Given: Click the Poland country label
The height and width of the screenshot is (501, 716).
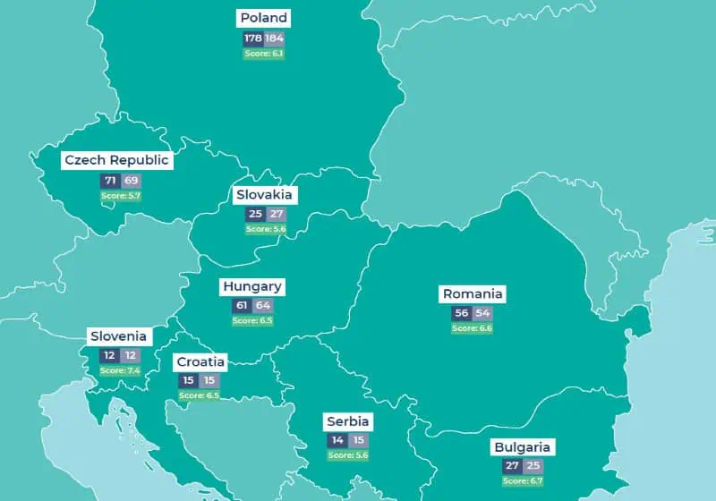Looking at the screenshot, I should (x=264, y=18).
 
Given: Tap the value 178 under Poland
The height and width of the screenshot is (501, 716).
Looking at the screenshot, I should (x=252, y=38).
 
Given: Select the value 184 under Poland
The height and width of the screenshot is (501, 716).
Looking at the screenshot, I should (x=274, y=38).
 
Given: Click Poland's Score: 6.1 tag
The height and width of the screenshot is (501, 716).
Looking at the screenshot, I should (x=263, y=54).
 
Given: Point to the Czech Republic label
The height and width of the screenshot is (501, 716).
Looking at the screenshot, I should (x=116, y=160).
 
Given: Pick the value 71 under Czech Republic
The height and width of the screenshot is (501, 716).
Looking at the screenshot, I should (x=109, y=181).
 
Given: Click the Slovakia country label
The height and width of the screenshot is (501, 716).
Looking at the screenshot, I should (x=264, y=194).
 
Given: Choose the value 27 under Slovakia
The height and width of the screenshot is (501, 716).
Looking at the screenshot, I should (x=276, y=215).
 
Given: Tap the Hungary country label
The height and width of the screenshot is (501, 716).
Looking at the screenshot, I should (x=252, y=287).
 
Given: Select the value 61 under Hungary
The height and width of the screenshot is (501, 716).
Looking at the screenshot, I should (x=241, y=306).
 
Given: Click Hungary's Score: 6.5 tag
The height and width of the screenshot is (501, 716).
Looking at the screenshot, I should (x=252, y=320).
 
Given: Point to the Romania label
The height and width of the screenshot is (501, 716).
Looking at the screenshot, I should (x=473, y=293).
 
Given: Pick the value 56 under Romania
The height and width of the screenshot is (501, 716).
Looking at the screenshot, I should (x=462, y=313).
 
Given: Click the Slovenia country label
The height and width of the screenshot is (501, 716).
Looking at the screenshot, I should (x=118, y=336).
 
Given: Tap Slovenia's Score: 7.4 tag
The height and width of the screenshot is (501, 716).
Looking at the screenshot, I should (x=119, y=370).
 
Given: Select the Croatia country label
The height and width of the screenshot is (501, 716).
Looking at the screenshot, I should (x=200, y=361).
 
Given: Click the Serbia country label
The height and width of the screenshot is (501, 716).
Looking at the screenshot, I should (x=347, y=421).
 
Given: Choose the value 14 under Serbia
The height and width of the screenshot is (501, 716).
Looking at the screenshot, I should (x=337, y=440).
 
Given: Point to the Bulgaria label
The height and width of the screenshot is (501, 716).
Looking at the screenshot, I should (x=523, y=446).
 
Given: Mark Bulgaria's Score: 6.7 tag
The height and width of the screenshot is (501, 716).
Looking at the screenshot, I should (x=523, y=480).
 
